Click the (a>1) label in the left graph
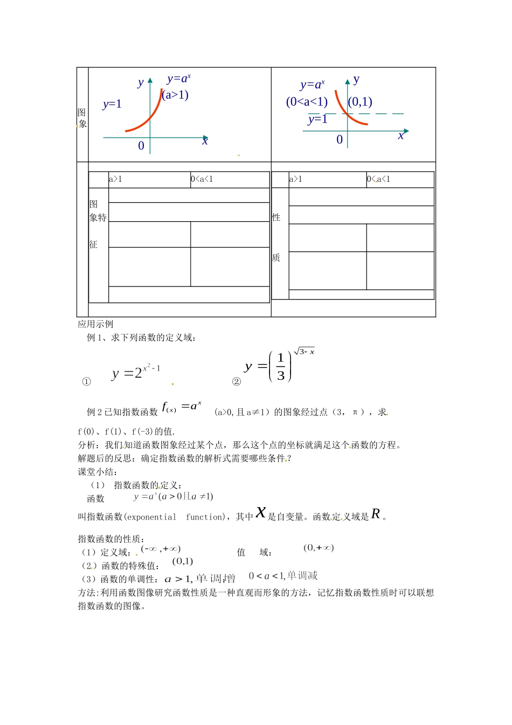[x=176, y=95]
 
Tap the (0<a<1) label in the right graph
[x=307, y=102]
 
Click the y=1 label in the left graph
[x=112, y=105]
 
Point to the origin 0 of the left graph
[x=141, y=146]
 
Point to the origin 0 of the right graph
[x=340, y=140]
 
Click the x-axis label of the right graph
[x=401, y=136]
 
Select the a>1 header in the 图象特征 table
[x=116, y=179]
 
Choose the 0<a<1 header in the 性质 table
[x=379, y=179]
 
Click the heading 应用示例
[x=95, y=324]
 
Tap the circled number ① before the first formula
[x=86, y=382]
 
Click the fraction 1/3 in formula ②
[x=280, y=367]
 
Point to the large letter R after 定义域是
[x=376, y=514]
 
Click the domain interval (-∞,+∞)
[x=161, y=549]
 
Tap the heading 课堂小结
[x=97, y=472]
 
